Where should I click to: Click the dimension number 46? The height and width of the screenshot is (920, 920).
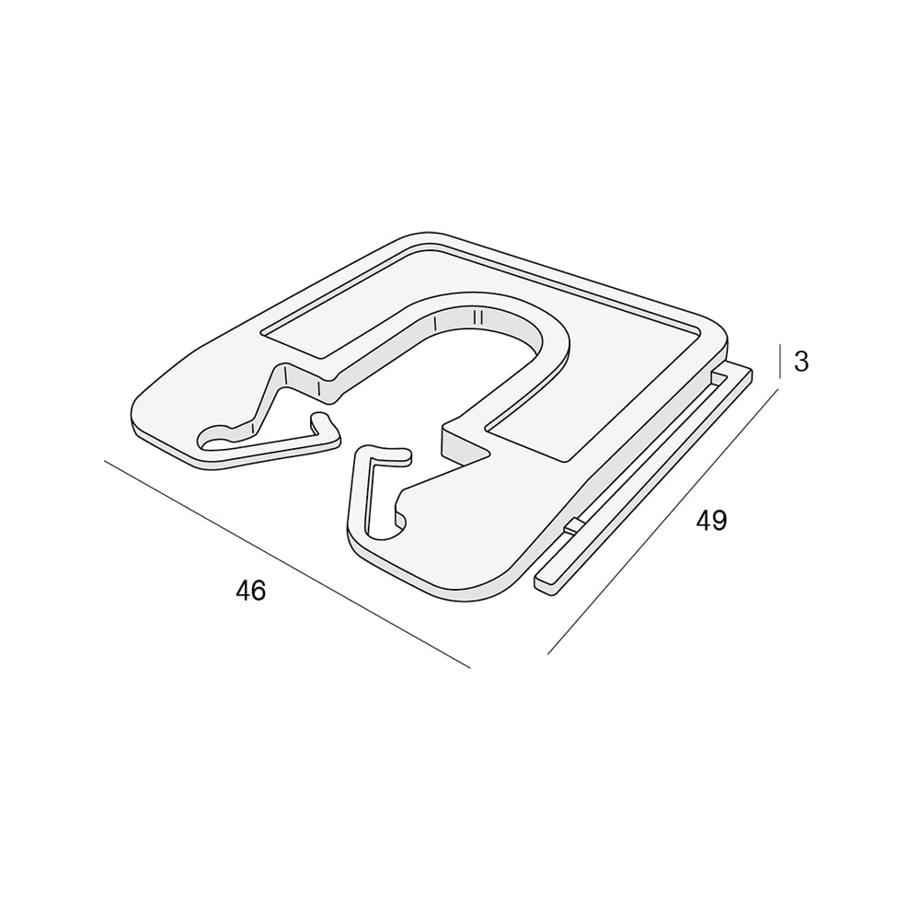coord(250,591)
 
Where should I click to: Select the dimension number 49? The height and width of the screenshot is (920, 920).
coord(711,521)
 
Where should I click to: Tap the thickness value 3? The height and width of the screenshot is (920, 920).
coord(801,362)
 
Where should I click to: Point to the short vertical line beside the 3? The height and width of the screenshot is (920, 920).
coord(780,361)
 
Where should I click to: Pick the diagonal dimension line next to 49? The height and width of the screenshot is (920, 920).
coord(663,521)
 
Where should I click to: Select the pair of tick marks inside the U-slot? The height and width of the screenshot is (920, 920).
coord(477,317)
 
